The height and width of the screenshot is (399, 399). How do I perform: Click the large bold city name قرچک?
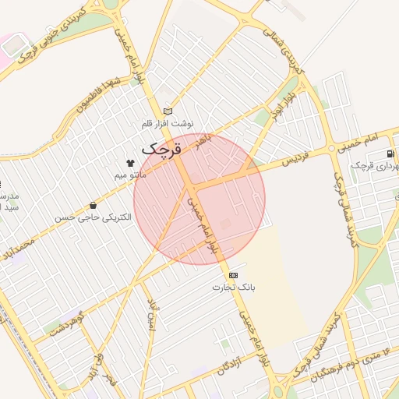tap(162, 147)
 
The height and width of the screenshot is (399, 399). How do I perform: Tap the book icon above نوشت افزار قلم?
tap(168, 111)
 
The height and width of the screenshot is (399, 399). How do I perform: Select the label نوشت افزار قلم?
tap(168, 123)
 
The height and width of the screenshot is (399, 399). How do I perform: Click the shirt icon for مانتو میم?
tap(129, 163)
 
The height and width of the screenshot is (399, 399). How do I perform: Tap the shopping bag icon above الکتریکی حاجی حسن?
tap(94, 206)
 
